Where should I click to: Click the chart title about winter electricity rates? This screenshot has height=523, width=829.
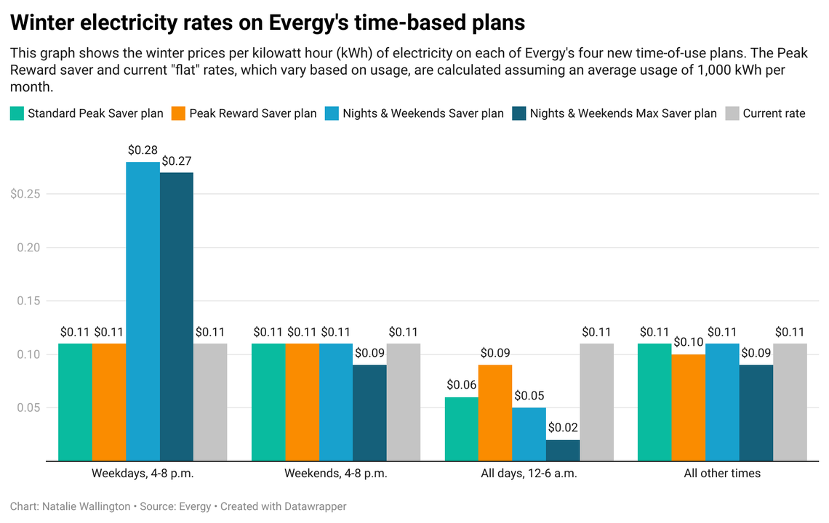coord(267,23)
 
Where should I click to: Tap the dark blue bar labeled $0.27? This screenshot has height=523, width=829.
coord(177,316)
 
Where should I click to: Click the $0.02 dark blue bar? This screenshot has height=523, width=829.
coord(563,450)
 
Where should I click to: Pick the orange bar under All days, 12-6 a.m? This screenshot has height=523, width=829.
coord(495,413)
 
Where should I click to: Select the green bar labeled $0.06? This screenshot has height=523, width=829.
coord(461,429)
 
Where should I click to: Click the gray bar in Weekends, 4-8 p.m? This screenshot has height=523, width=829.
coord(404,402)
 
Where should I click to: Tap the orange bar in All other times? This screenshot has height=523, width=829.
coord(688,408)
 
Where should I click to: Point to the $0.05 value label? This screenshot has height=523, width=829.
coord(529,397)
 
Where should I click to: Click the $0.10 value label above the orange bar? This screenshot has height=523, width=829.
coord(688,343)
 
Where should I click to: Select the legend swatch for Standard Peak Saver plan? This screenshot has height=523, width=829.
coord(17,113)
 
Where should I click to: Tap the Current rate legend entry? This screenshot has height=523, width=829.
coord(774,113)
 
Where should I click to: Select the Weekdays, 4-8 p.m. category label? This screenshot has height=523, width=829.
coord(143,474)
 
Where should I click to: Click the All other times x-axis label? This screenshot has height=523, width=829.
coord(722,474)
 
